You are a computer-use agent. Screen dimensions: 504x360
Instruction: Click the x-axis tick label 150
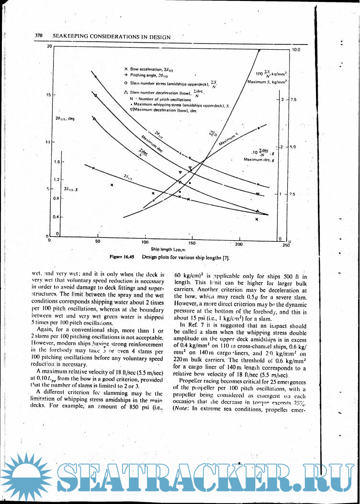point(192,243)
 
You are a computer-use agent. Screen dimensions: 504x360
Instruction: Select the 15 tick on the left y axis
point(48,95)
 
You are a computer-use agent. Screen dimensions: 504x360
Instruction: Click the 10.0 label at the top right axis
point(295,49)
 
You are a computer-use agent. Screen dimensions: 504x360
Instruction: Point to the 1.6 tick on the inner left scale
point(57,162)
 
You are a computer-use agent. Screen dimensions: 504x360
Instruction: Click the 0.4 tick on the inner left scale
point(57,217)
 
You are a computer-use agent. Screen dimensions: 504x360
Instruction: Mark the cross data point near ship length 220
point(257,219)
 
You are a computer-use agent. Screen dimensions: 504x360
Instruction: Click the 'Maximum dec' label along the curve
point(152,144)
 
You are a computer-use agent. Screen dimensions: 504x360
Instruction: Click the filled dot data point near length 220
point(259,128)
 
